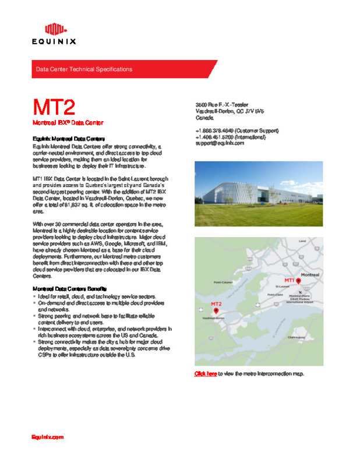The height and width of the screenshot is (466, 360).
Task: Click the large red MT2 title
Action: tap(54, 108)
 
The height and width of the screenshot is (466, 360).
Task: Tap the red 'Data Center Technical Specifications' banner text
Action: tap(84, 69)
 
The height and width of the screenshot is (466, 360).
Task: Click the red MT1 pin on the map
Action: tap(298, 280)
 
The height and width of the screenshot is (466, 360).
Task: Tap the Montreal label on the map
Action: tap(310, 274)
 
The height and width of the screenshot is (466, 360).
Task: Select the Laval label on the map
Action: tap(302, 241)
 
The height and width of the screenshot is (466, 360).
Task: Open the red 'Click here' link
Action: tap(206, 373)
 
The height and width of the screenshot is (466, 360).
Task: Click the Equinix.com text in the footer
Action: tap(47, 436)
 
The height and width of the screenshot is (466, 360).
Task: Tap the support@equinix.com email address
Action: tap(220, 143)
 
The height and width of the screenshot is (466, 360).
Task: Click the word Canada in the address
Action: tap(204, 117)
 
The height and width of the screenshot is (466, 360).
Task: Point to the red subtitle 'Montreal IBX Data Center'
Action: tap(68, 123)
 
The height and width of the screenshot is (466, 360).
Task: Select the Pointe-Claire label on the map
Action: tap(275, 295)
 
